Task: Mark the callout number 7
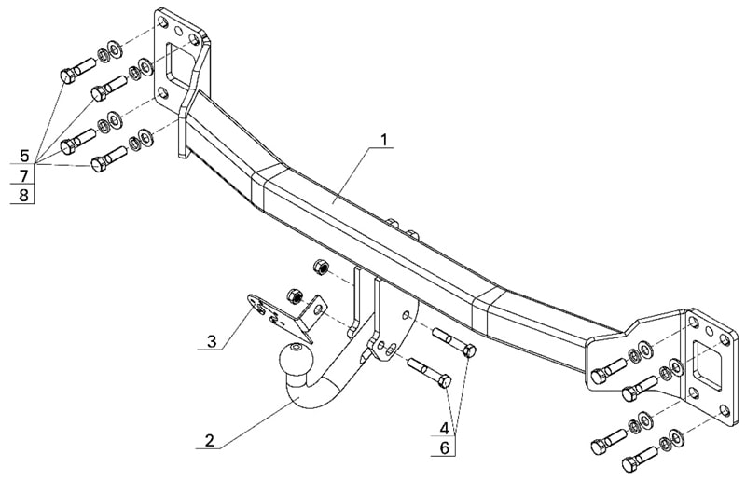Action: pyautogui.click(x=24, y=174)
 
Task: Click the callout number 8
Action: pyautogui.click(x=24, y=194)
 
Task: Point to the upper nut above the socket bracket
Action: pyautogui.click(x=318, y=268)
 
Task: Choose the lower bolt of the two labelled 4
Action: pyautogui.click(x=431, y=374)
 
